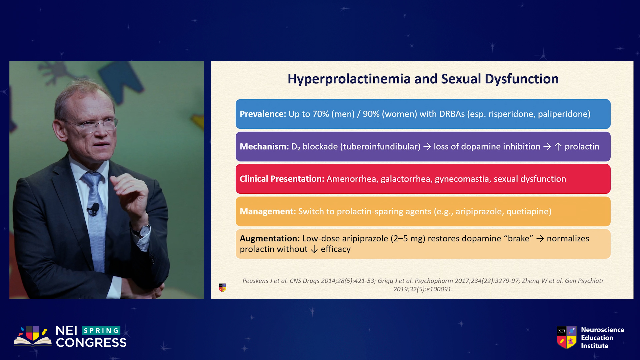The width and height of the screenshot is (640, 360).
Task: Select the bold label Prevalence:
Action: (263, 114)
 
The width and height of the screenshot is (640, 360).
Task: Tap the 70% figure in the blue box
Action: (321, 114)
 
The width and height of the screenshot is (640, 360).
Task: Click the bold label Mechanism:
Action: (264, 146)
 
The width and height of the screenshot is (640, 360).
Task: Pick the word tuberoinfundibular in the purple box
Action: (380, 146)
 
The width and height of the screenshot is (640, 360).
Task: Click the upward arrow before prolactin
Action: (558, 147)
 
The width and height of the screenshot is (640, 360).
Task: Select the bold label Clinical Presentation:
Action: (282, 179)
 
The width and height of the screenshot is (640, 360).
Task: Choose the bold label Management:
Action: (268, 211)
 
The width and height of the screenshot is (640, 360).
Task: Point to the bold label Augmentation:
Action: (270, 238)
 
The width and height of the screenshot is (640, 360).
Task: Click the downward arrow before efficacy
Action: (314, 249)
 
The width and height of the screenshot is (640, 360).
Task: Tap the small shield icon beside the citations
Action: (222, 287)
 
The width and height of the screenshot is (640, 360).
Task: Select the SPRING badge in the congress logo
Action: (101, 330)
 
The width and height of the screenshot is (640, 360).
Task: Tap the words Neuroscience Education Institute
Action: (602, 338)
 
